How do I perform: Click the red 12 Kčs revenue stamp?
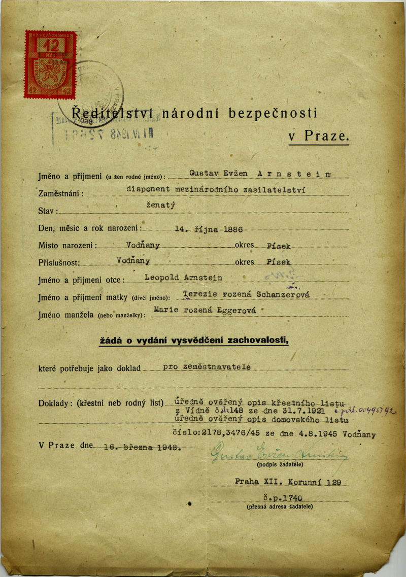[x=50, y=64]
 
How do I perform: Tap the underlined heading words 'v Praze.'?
[x=319, y=136]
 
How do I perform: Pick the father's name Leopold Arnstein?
[x=183, y=278]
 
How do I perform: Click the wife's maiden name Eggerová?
[x=230, y=311]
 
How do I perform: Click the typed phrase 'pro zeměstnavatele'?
[x=207, y=367]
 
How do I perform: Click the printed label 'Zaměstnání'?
[x=60, y=193]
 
